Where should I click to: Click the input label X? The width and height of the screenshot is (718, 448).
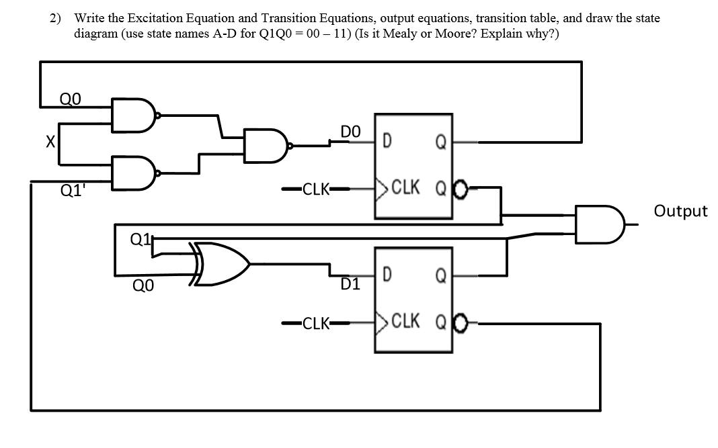[48, 142]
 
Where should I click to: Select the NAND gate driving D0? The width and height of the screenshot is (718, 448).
[268, 144]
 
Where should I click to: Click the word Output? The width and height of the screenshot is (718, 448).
[680, 211]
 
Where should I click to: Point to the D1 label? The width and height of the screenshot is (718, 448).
[350, 284]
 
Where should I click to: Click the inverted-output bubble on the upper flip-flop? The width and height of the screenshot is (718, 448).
[461, 188]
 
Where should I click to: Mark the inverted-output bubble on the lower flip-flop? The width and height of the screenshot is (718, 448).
[461, 323]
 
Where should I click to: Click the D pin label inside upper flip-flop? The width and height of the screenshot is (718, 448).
[388, 142]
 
